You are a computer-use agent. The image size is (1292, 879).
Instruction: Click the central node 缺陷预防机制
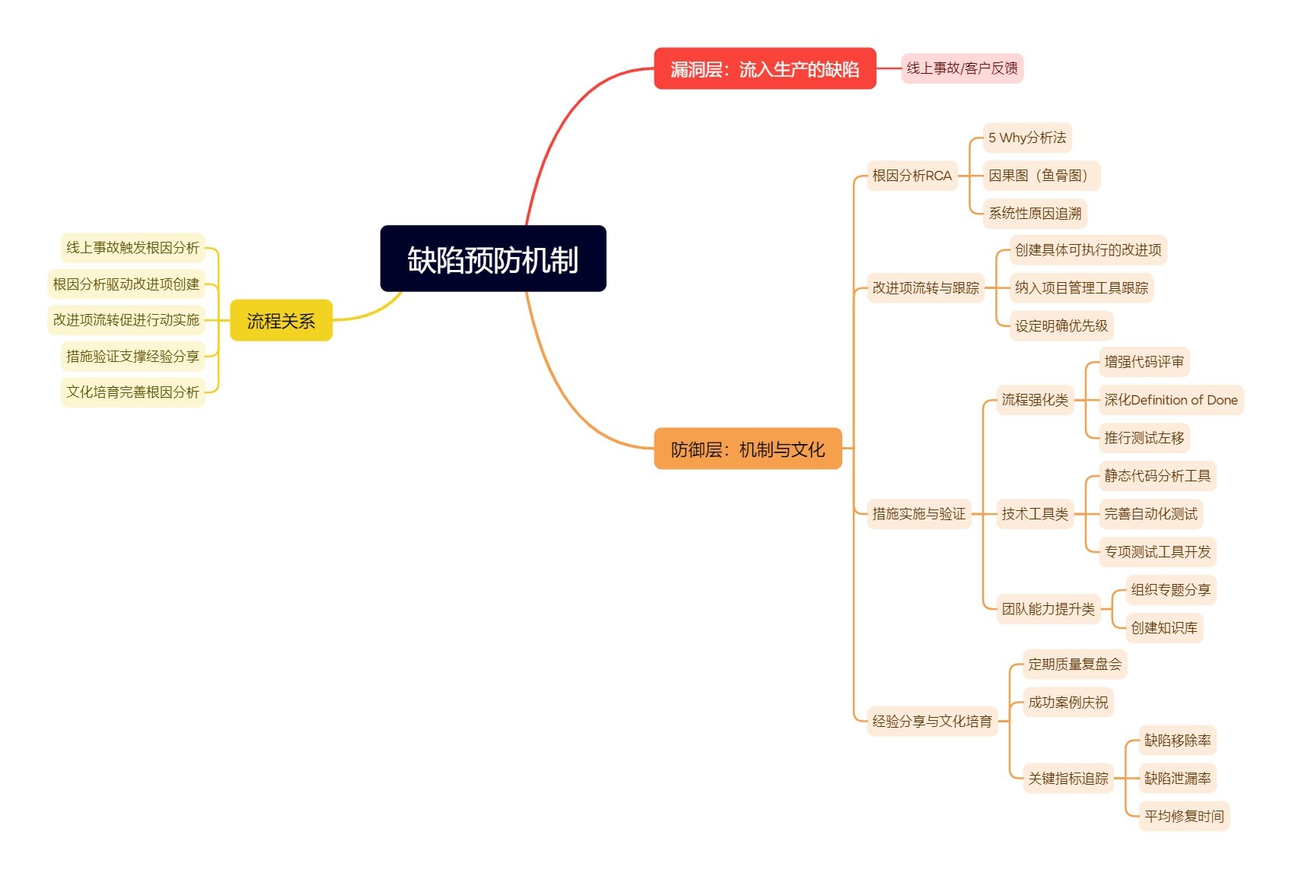(x=493, y=259)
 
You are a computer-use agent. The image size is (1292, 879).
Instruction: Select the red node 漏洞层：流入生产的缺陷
(x=765, y=68)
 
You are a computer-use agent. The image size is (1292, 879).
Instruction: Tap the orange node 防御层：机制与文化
(x=747, y=449)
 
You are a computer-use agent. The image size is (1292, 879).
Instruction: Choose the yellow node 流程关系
(x=281, y=320)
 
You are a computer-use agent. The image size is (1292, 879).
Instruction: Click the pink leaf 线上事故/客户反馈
(x=962, y=68)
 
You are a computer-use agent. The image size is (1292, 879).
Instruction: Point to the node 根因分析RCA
(x=912, y=176)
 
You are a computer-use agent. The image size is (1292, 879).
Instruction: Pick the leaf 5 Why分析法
(x=1027, y=138)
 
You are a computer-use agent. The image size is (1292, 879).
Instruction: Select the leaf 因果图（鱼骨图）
(x=1041, y=176)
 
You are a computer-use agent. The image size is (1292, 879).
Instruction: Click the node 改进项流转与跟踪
(x=925, y=288)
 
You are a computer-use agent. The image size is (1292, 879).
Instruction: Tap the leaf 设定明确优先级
(x=1061, y=326)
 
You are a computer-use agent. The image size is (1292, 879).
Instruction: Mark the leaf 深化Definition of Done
(x=1170, y=400)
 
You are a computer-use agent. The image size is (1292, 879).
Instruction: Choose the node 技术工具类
(x=1034, y=514)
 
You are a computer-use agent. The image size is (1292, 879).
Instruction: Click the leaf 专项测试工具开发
(x=1157, y=552)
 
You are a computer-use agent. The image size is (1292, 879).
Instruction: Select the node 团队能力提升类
(x=1048, y=609)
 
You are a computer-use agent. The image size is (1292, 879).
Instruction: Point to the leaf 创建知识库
(x=1163, y=628)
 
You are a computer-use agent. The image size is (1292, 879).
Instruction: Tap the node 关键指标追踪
(x=1068, y=779)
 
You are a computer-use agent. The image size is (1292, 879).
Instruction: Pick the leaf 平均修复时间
(x=1184, y=817)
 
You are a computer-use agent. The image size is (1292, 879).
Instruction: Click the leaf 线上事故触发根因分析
(x=132, y=248)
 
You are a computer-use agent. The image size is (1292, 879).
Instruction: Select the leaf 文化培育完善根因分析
(x=132, y=392)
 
